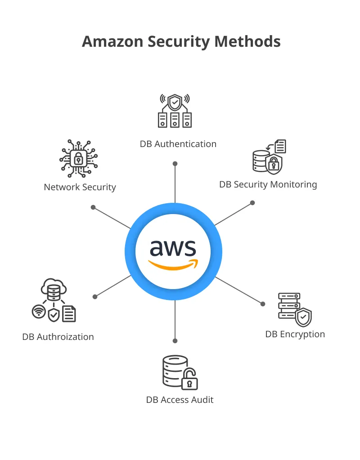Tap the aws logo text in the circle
point(173,248)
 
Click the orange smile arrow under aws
point(173,265)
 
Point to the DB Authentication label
point(178,144)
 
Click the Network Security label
point(80,187)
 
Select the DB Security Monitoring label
point(268,184)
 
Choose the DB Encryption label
point(295,334)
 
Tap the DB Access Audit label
point(180,399)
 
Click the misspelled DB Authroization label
point(58,337)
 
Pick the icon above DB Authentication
point(175,111)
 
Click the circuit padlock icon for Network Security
point(79,159)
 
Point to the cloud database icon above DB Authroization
point(54,290)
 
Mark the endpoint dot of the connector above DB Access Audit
point(175,341)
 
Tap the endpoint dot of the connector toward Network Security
point(93,207)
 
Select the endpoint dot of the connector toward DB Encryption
point(263,304)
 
